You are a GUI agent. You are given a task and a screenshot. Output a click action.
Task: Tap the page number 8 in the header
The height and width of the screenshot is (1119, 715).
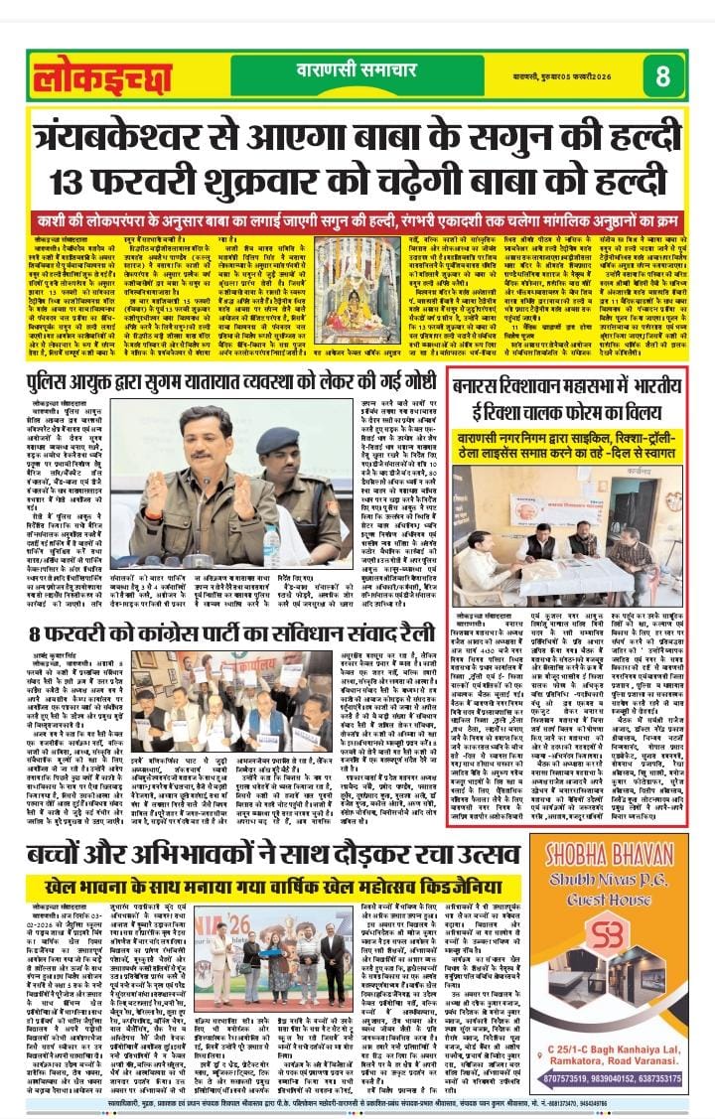tap(662, 76)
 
